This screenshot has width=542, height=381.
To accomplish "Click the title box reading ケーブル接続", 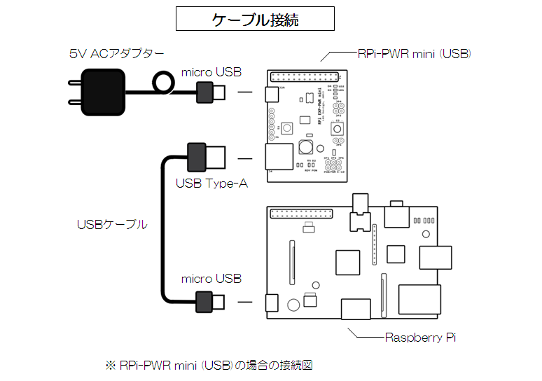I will coord(255,19).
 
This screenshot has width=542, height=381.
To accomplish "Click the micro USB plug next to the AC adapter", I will coord(211,91).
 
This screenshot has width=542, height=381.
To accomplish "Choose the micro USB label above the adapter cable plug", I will coord(211,72).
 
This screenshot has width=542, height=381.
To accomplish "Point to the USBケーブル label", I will coord(112,225).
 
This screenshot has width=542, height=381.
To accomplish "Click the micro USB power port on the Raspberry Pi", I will coord(271,303).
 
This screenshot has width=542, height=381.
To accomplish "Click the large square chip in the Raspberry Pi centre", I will coord(347,262).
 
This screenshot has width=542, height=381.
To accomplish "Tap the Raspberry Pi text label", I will coord(420,337).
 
